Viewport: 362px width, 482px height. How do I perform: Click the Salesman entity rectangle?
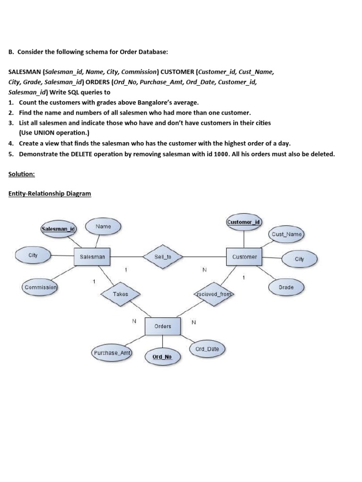coord(92,257)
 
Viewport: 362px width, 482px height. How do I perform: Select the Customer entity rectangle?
coord(245,257)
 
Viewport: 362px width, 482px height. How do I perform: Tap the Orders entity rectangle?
coord(163,326)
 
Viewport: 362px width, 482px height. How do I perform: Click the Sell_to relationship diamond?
coord(163,257)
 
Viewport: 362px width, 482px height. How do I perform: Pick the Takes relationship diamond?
coord(120,294)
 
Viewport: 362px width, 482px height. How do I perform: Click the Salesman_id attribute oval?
coord(58,229)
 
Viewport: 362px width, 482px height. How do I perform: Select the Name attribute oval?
coord(103,226)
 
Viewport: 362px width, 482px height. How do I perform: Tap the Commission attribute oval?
coord(41,287)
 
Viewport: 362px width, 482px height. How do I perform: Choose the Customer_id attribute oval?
coord(244,222)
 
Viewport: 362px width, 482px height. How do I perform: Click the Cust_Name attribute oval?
coord(287,234)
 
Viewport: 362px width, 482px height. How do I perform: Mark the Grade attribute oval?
coord(286,287)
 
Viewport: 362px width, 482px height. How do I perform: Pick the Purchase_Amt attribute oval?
coord(111,353)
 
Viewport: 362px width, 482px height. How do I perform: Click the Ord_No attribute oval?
coord(162,357)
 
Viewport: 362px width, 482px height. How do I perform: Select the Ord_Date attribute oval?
coord(207,349)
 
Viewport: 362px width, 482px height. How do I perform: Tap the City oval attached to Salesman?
coord(33,255)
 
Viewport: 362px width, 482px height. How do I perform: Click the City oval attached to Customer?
coord(300,259)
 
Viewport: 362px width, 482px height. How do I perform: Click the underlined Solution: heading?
coord(22,174)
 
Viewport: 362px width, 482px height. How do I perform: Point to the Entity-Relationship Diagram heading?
coord(49,193)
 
